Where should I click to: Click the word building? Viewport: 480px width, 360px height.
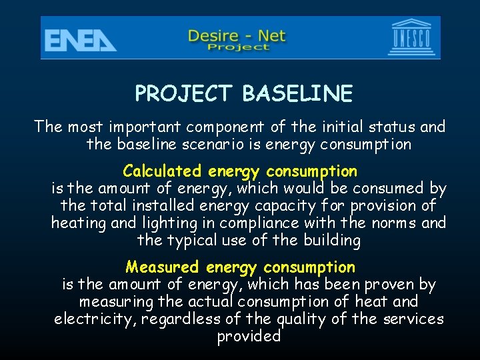point(331,240)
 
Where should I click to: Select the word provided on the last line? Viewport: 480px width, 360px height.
point(249,337)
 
